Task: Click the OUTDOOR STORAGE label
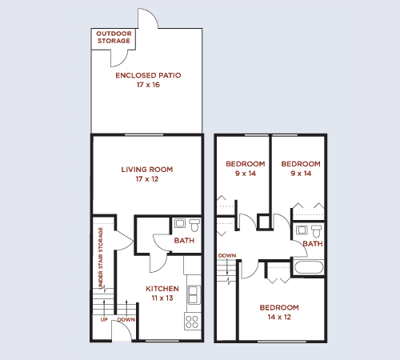pos(114,37)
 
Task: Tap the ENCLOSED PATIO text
pos(148,75)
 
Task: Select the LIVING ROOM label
pos(147,170)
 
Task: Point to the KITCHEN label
pos(162,288)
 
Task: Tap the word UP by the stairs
pos(104,320)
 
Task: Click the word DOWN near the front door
pos(126,320)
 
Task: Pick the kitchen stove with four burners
pos(192,322)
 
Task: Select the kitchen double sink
pos(193,297)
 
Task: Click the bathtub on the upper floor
pos(308,268)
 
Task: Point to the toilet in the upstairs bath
pos(302,230)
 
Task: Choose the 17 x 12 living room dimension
pos(147,179)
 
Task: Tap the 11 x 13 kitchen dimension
pos(162,298)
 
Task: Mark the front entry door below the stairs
pos(121,332)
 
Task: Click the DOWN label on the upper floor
pos(226,256)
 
